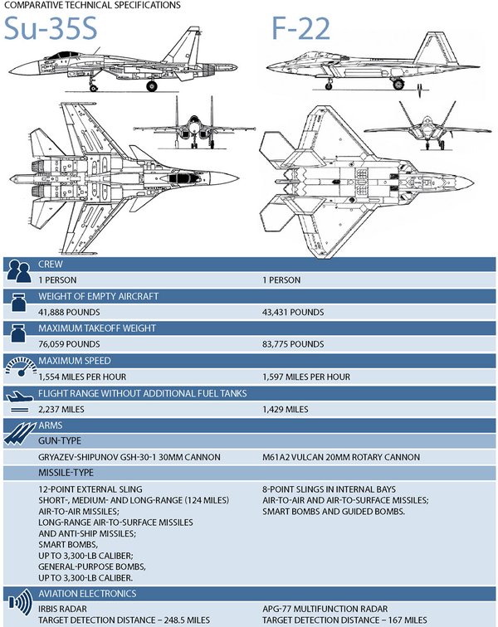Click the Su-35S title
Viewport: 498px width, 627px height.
(x=51, y=28)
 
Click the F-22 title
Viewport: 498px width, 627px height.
(x=300, y=28)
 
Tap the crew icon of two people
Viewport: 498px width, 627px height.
(x=18, y=270)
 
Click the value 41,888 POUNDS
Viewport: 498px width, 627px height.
(x=70, y=312)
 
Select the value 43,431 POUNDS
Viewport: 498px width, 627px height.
(x=293, y=312)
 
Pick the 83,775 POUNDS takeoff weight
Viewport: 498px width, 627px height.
(x=293, y=344)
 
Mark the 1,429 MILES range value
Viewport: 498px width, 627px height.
(x=286, y=409)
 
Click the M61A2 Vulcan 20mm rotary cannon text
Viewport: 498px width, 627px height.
(x=340, y=457)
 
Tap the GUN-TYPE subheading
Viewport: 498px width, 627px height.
(x=61, y=441)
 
